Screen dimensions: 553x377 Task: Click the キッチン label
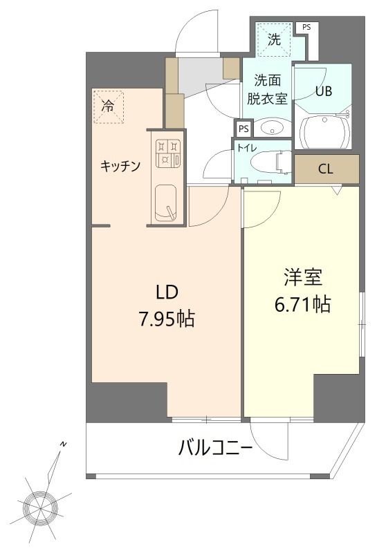121,166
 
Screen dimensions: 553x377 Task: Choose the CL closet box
327,168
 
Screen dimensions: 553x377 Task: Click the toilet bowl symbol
266,162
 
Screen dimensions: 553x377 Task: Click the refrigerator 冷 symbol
108,107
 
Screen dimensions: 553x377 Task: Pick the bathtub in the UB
326,129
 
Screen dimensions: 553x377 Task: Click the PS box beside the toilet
243,129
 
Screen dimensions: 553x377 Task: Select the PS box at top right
306,27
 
